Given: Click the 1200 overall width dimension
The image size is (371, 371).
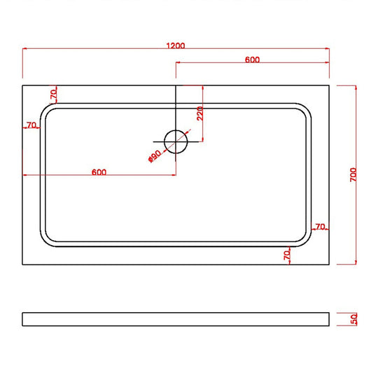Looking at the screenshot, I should tap(176, 45).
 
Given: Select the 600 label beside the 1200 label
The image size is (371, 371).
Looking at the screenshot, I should tap(253, 59).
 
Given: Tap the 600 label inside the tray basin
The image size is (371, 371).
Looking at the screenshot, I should tap(99, 172).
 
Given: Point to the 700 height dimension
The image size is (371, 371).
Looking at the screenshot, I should tap(353, 175).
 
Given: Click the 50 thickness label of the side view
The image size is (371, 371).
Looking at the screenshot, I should tap(353, 319).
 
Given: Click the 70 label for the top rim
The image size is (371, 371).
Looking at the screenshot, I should tap(52, 93).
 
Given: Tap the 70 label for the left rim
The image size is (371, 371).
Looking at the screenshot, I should tap(31, 125).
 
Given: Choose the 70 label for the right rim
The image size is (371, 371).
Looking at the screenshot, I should tap(320, 227).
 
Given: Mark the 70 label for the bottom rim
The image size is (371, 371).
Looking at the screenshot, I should tap(287, 255).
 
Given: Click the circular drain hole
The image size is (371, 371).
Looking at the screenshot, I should tap(176, 143).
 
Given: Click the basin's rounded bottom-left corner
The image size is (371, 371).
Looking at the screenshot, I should tap(48, 240).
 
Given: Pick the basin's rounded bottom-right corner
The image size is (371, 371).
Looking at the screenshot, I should tap(304, 240).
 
